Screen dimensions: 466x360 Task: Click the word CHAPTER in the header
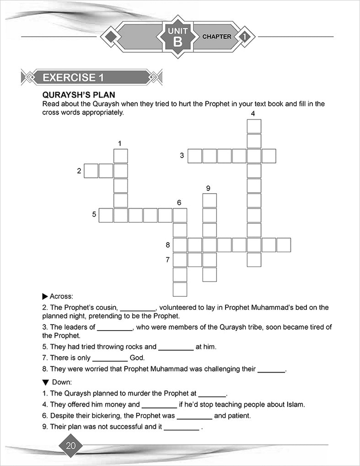point(217,37)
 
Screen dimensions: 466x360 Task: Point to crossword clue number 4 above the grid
point(253,114)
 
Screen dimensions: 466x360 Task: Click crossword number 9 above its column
point(208,188)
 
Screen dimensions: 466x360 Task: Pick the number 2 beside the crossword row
point(79,171)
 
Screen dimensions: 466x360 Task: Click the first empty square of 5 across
point(106,215)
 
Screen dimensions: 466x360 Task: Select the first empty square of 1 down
point(121,156)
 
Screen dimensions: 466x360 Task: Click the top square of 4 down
point(254,126)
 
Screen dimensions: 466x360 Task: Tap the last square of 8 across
point(284,245)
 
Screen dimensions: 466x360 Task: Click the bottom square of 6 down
point(180,289)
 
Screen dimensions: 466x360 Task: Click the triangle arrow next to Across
point(45,296)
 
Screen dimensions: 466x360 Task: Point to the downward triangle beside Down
point(45,382)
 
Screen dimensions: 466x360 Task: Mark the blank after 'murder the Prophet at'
point(212,393)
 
